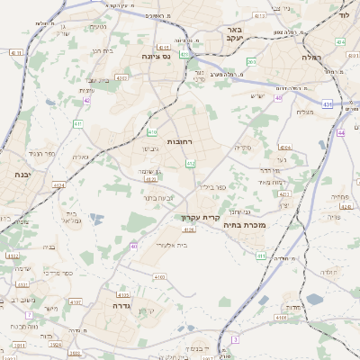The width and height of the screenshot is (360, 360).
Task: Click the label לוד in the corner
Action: click(344, 15)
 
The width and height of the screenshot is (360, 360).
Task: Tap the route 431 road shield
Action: click(327, 104)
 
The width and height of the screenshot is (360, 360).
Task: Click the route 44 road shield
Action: click(341, 132)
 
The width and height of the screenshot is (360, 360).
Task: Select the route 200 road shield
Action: click(252, 61)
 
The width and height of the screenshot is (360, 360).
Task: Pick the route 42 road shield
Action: click(86, 101)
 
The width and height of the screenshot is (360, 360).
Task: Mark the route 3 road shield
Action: click(235, 339)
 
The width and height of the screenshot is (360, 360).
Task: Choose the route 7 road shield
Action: click(30, 314)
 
